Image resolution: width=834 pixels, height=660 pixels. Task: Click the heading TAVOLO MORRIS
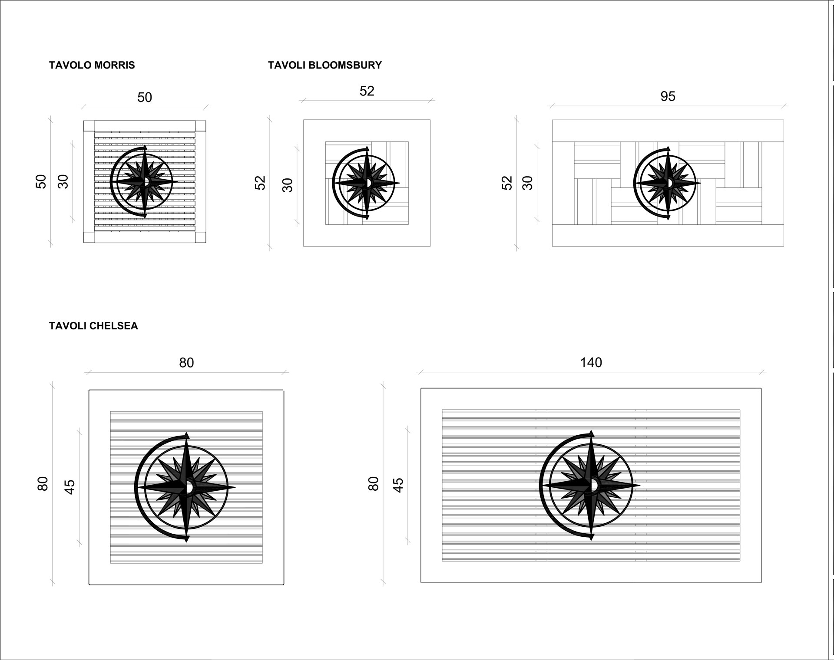92,65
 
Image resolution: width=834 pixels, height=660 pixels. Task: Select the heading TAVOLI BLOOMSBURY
325,65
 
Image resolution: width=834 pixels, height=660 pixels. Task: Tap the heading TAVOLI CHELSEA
93,326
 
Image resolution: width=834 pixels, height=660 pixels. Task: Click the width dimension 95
668,96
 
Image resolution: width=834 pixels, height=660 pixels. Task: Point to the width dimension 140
591,362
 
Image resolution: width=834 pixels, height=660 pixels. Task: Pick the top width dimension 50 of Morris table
145,97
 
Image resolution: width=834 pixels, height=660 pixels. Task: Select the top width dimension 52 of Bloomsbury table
367,91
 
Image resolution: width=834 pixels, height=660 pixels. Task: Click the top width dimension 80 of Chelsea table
186,362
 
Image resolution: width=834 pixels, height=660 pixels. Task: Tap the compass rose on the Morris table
144,182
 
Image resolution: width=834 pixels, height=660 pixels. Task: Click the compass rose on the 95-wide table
667,183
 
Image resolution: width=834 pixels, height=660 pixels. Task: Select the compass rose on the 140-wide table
589,485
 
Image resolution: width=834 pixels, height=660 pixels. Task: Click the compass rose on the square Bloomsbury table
366,183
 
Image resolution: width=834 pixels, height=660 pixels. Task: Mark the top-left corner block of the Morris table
89,126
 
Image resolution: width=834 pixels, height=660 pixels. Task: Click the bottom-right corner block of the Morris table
200,237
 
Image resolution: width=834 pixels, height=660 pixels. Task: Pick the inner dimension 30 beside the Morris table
63,181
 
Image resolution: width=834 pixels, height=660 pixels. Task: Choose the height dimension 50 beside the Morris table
41,181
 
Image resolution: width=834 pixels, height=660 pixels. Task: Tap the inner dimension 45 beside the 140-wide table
398,485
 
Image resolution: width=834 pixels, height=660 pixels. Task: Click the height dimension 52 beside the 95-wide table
507,183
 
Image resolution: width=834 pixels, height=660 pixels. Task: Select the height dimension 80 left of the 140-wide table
374,483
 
